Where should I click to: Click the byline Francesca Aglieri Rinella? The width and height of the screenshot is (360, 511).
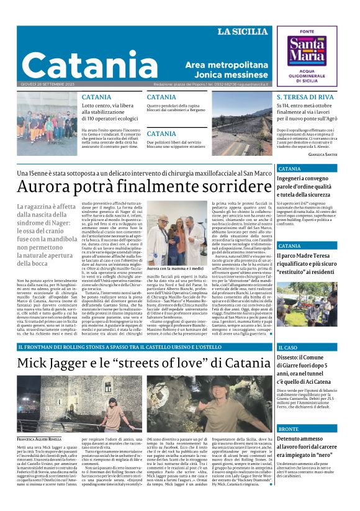(39, 440)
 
